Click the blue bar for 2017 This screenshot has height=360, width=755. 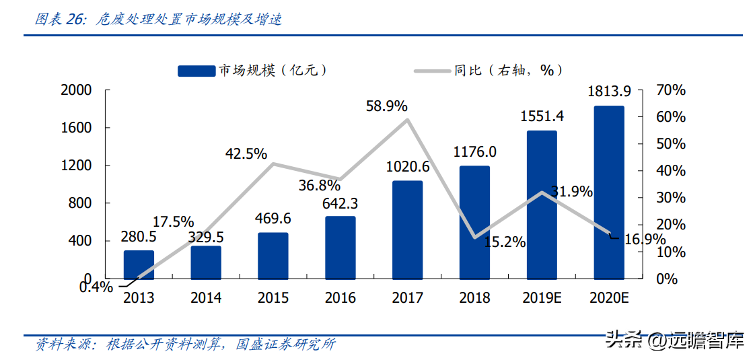pos(407,229)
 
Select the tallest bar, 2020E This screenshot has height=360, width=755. pos(609,192)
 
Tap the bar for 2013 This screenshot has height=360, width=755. pos(139,264)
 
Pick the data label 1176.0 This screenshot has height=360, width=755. pos(474,152)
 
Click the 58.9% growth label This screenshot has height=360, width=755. pos(387,106)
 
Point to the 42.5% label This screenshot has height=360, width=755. pos(246,153)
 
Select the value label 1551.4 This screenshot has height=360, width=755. pos(542,116)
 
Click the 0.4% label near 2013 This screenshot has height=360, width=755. pos(96,287)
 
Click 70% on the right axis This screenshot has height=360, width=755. pos(671,90)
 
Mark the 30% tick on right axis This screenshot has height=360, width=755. pos(671,198)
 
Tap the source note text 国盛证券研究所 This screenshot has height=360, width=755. pos(286,345)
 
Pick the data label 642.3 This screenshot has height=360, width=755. pos(340,203)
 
